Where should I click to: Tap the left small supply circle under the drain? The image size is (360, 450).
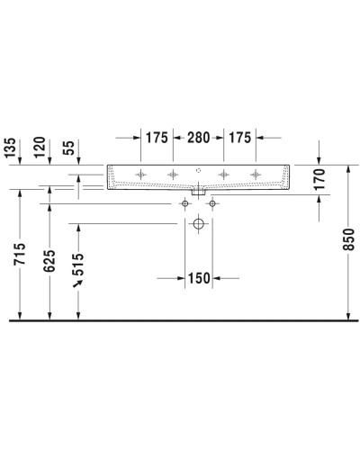(x=185, y=204)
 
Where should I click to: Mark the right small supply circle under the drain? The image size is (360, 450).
(x=212, y=204)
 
